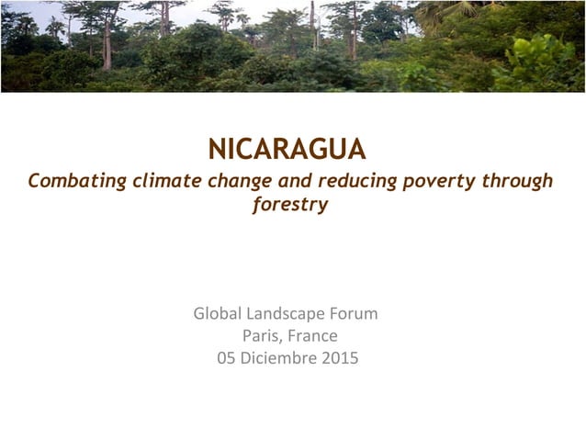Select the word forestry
pos(290,205)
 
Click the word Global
pos(218,314)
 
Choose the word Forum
pos(355,314)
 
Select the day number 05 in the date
pos(226,358)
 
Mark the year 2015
pos(340,358)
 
